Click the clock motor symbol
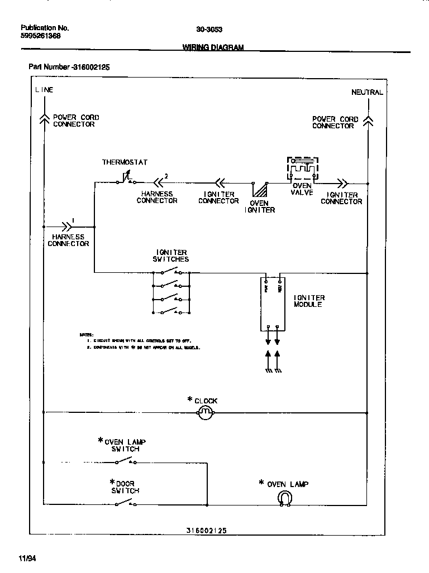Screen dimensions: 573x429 (x=206, y=412)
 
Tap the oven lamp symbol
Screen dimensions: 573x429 (x=285, y=498)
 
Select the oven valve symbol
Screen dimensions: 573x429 (x=302, y=168)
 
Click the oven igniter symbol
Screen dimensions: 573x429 (x=259, y=188)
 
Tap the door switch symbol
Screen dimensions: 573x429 (x=125, y=503)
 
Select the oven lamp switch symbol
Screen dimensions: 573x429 (x=125, y=461)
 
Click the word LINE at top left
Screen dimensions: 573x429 (x=44, y=90)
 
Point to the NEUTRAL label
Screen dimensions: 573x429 (x=367, y=92)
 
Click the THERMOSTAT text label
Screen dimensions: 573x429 (x=125, y=162)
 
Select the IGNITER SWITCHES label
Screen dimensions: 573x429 (x=171, y=256)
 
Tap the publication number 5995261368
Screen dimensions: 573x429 (x=41, y=36)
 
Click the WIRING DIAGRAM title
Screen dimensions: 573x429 (x=213, y=48)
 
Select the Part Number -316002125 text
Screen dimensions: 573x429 (x=69, y=67)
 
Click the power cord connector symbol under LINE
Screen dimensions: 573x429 (x=44, y=118)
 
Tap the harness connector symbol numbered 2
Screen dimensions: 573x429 (x=159, y=181)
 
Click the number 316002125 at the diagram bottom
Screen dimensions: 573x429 (x=206, y=531)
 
